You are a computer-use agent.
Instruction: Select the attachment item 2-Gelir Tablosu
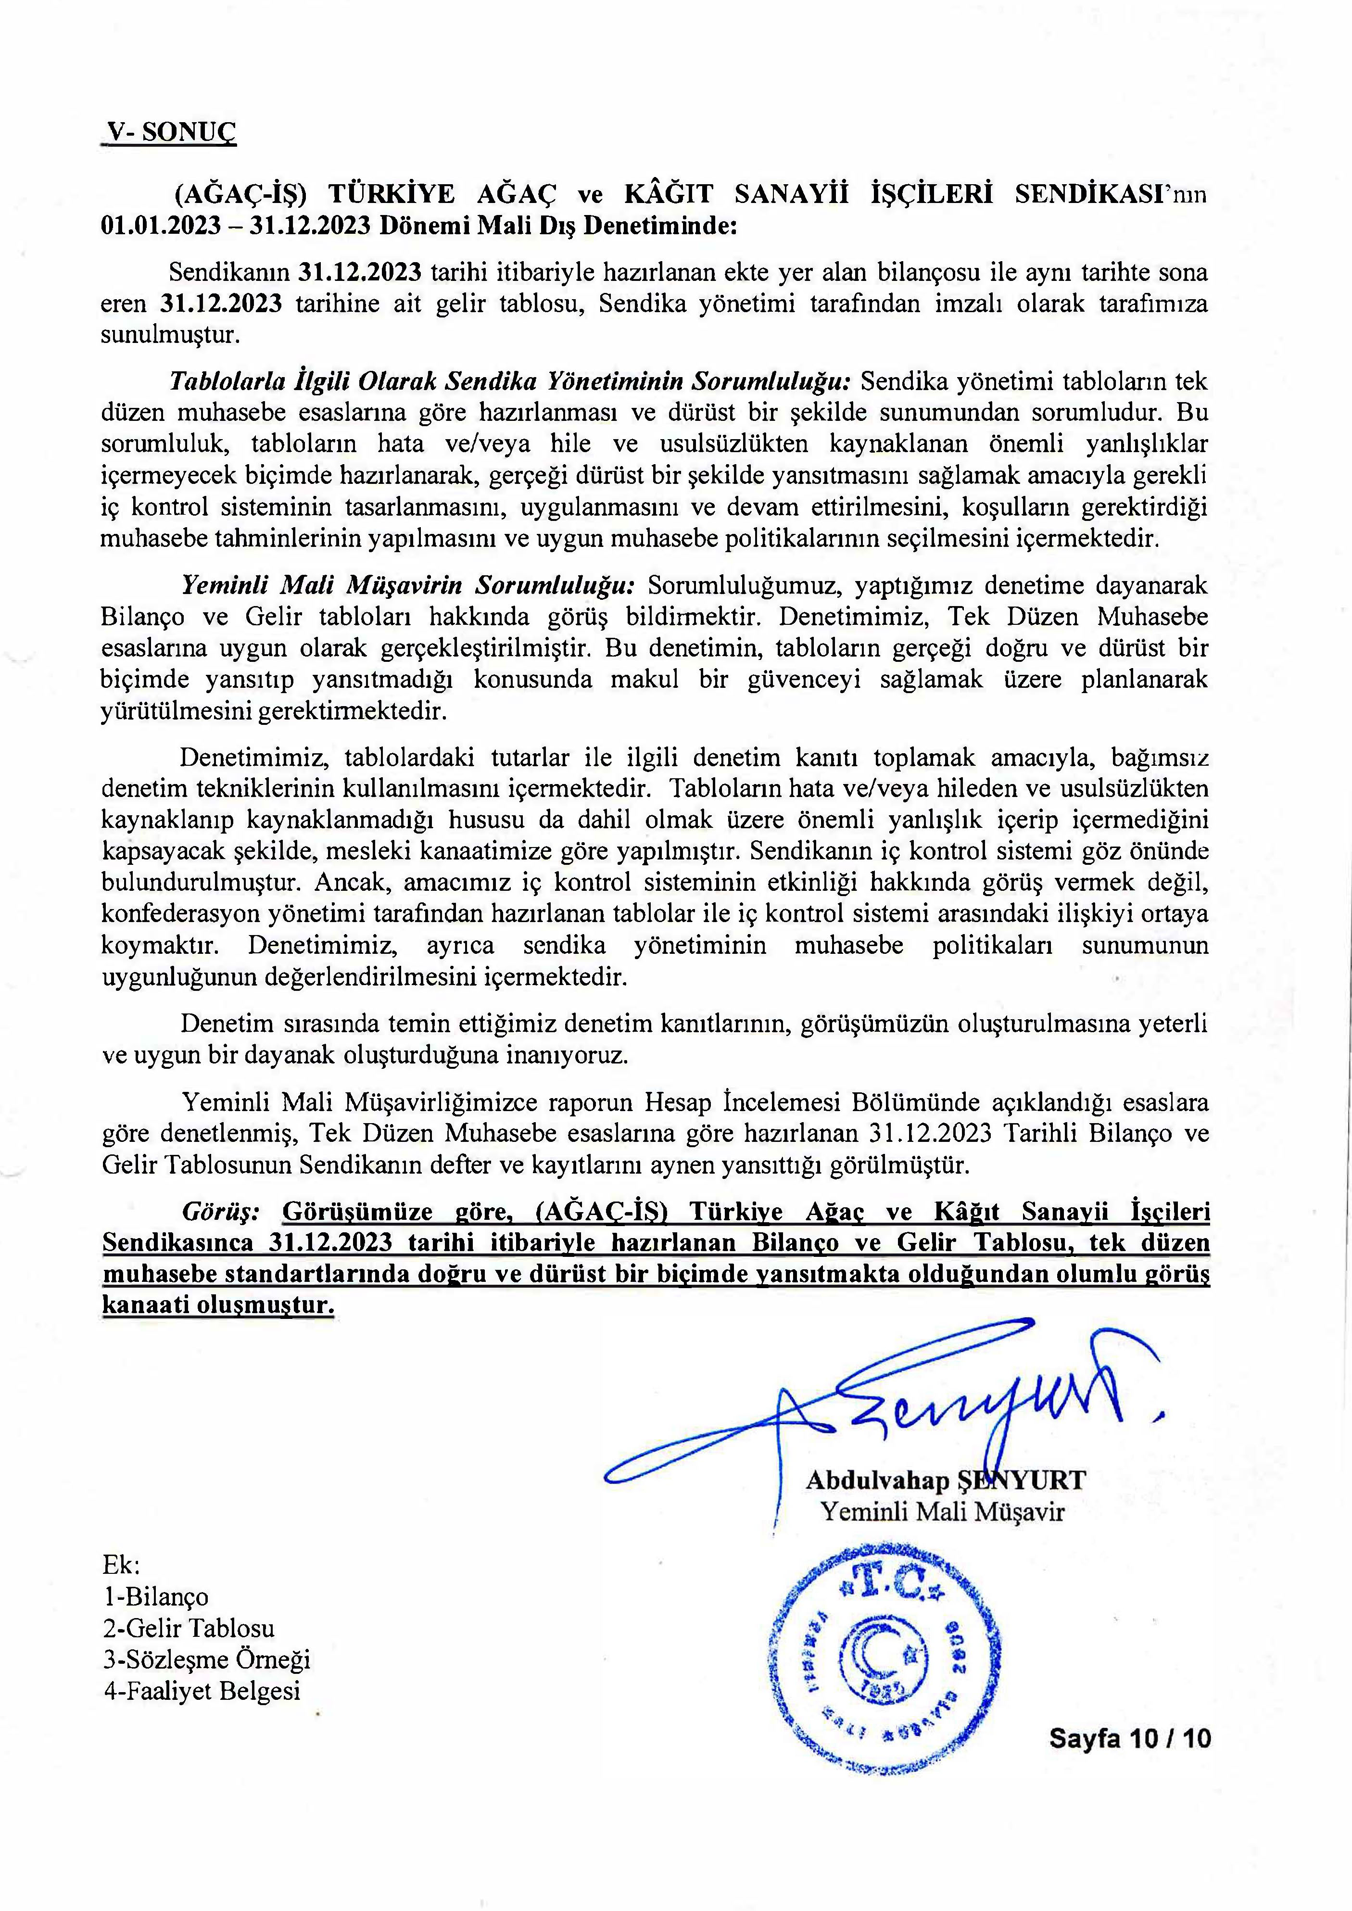pyautogui.click(x=188, y=1628)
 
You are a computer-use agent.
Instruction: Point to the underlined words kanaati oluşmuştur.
pyautogui.click(x=218, y=1306)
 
